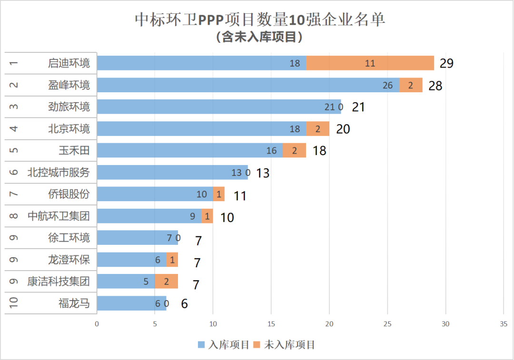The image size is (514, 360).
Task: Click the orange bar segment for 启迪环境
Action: coord(370,63)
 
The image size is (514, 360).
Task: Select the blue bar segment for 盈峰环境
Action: coord(247,85)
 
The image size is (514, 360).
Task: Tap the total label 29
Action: coord(447,64)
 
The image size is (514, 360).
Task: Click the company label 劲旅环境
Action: coord(69,107)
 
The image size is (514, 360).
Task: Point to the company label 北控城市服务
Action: coord(59,172)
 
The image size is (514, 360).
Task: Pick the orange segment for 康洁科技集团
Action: coord(166,282)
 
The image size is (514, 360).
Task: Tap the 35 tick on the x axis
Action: coord(504,324)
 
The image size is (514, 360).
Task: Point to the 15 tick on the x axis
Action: coord(271,324)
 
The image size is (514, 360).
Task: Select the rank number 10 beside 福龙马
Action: coord(14,303)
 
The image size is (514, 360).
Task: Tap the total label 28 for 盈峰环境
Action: coord(435,86)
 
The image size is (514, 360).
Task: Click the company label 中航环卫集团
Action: coord(59,216)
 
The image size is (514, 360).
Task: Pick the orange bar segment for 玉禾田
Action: coord(294,151)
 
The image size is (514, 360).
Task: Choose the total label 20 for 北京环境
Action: coord(343,129)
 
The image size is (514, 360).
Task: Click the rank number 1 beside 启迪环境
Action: coord(14,63)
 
